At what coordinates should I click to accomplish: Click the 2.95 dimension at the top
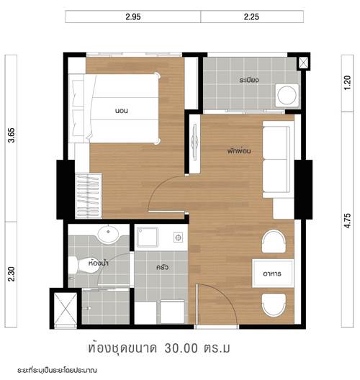coord(133,17)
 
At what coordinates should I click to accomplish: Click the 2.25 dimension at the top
coord(251,17)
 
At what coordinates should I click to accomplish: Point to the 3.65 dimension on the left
coord(12,135)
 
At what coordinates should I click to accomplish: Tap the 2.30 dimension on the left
coord(12,274)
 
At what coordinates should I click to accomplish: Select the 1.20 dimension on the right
coord(347,83)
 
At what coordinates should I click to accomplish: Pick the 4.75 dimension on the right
coord(347,220)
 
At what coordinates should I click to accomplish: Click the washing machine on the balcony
coord(287,95)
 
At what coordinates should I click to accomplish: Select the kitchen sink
coord(148,237)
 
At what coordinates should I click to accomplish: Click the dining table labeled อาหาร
coord(273,273)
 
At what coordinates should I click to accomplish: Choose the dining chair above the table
coord(274,242)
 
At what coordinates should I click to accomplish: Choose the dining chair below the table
coord(274,305)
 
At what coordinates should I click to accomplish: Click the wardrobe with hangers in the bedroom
coord(89,196)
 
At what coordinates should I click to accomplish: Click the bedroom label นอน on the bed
coord(121,111)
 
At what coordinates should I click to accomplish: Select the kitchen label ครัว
coord(162,267)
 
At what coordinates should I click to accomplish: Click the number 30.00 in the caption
coord(181,348)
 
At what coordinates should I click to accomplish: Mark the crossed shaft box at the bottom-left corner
coord(66,308)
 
